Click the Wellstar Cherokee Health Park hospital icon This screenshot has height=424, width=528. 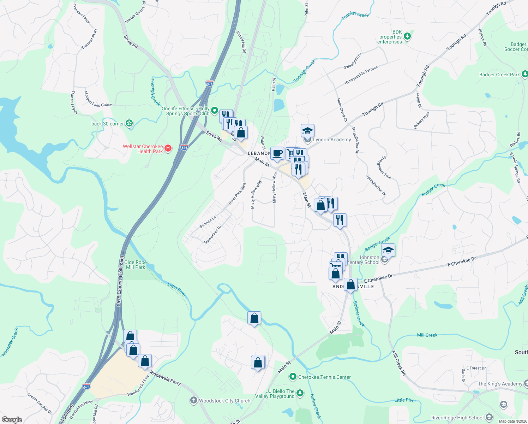tap(168, 148)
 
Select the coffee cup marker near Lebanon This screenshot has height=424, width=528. tap(277, 154)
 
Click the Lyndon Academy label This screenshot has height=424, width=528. tap(332, 140)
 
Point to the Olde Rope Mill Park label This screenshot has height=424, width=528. tap(136, 265)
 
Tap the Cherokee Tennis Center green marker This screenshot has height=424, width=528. tap(293, 377)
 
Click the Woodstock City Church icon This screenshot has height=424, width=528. tap(193, 400)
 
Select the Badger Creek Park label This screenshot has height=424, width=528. tap(499, 75)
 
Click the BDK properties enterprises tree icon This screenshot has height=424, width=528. tap(407, 36)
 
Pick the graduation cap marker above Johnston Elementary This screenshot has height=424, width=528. tap(388, 251)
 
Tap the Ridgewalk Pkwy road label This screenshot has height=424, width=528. tap(165, 378)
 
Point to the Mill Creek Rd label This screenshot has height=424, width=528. tap(399, 363)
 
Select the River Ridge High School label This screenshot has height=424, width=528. tap(457, 418)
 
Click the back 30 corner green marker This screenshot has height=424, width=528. tap(130, 123)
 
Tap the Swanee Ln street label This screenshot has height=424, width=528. tap(208, 222)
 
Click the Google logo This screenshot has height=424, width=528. tap(12, 419)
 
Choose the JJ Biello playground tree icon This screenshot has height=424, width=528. tap(300, 393)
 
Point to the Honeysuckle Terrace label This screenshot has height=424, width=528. tap(361, 75)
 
